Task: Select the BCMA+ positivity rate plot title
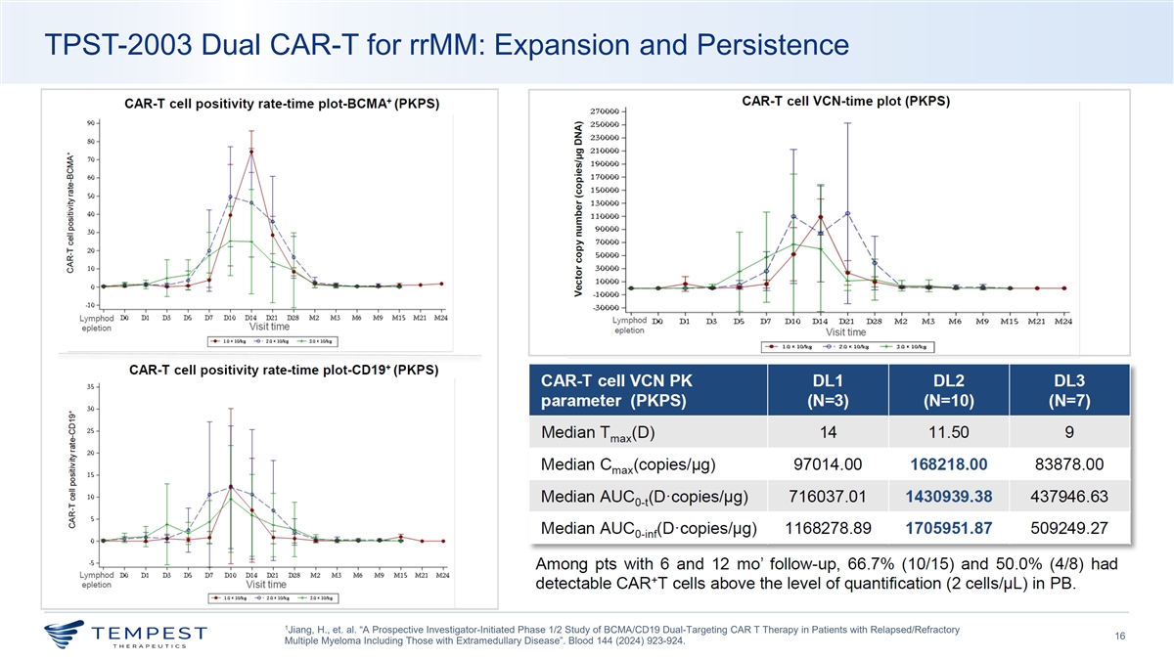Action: (x=281, y=104)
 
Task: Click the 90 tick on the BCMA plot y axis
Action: (x=90, y=123)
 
